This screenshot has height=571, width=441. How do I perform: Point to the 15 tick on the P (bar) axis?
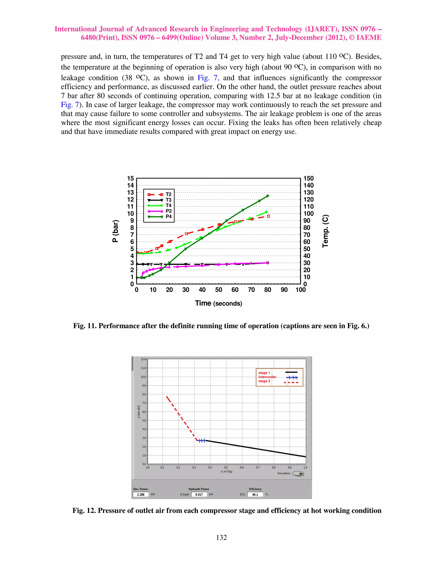[x=130, y=178]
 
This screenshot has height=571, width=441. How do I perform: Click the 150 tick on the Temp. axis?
[x=308, y=178]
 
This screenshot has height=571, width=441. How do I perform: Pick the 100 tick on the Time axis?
[x=300, y=290]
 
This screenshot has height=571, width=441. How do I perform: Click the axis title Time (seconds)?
[x=218, y=303]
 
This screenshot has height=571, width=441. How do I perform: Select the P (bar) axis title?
[x=115, y=231]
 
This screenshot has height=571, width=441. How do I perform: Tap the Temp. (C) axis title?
[x=325, y=231]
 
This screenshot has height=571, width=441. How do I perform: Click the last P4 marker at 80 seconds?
[x=267, y=196]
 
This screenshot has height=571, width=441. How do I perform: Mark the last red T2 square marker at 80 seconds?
[x=268, y=216]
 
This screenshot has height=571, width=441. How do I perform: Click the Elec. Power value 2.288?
[x=141, y=494]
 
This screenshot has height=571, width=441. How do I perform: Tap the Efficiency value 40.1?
[x=255, y=494]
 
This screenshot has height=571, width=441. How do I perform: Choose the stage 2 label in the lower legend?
[x=264, y=381]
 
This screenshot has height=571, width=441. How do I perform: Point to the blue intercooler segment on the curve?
[x=201, y=441]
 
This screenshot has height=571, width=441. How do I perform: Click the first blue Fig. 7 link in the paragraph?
[x=208, y=78]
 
